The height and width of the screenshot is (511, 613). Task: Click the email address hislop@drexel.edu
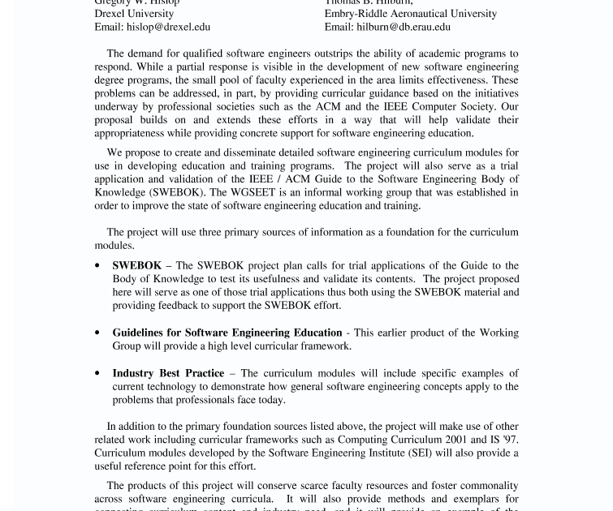pyautogui.click(x=168, y=27)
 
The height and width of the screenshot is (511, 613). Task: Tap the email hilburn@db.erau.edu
pyautogui.click(x=404, y=27)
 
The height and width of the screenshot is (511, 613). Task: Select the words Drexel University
pyautogui.click(x=134, y=14)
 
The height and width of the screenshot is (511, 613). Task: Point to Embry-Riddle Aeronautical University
pyautogui.click(x=410, y=14)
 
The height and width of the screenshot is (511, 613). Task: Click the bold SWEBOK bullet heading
pyautogui.click(x=136, y=265)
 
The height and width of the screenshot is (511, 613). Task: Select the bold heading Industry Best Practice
pyautogui.click(x=168, y=373)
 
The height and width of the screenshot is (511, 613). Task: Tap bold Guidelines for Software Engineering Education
pyautogui.click(x=227, y=333)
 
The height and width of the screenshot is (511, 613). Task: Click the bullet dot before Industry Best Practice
pyautogui.click(x=98, y=374)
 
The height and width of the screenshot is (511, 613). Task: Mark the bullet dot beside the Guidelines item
pyautogui.click(x=98, y=333)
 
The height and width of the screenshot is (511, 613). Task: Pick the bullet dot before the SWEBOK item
pyautogui.click(x=98, y=266)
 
